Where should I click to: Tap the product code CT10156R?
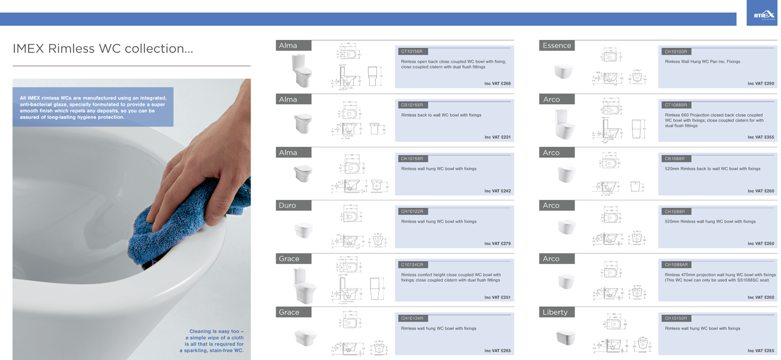coord(412,51)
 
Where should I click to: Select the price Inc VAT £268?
coord(497,84)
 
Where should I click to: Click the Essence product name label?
coord(557,46)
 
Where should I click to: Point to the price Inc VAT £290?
coord(760,84)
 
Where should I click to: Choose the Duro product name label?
coord(288,205)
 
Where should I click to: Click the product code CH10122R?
coord(412,212)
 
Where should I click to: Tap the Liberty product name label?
coord(555,312)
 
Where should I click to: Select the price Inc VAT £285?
coord(760,351)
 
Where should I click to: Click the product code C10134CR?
coord(412,265)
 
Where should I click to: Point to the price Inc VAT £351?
coord(497,297)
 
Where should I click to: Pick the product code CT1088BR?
coord(676,105)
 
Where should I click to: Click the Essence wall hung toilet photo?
coord(563,71)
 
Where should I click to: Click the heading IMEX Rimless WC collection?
coord(103,49)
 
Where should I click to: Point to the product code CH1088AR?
coord(676,265)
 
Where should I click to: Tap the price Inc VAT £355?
coord(760,137)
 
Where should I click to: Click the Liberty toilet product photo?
coord(565,337)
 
